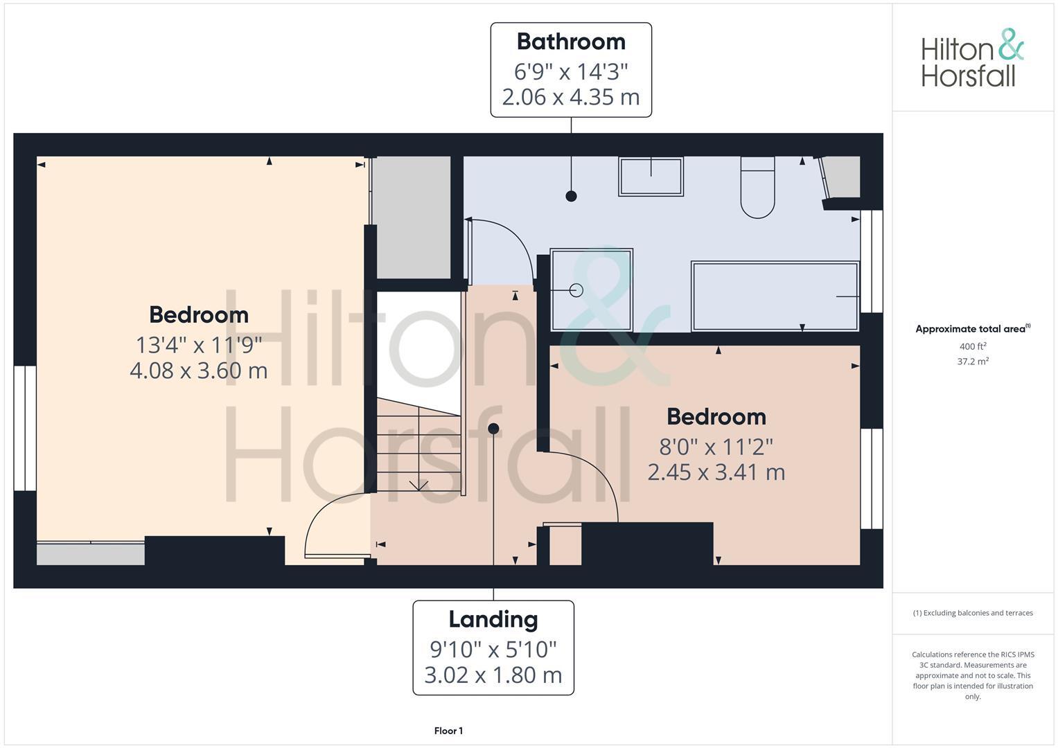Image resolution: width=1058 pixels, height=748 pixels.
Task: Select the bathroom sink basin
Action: coord(651,177)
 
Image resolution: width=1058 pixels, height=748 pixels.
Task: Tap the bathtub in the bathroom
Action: coord(775,296)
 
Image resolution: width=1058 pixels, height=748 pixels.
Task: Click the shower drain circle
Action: coord(576,290)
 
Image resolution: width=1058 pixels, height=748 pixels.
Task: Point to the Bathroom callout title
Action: coord(571,42)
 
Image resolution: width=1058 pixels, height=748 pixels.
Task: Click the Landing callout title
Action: coord(493,619)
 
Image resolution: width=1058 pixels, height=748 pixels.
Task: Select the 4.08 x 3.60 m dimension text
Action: coord(198,371)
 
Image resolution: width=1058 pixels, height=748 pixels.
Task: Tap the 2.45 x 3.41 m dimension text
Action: coord(716,472)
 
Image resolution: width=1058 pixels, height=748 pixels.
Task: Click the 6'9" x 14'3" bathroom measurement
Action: coord(571,71)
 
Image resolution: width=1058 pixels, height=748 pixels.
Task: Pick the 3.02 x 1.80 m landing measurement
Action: coord(493,675)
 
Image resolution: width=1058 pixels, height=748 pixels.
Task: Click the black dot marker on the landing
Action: coord(493,429)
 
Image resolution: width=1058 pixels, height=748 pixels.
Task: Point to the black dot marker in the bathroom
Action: coord(571,196)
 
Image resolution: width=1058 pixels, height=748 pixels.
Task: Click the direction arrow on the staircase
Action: coord(418,485)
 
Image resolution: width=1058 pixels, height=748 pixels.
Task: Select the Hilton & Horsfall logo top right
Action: coord(972,58)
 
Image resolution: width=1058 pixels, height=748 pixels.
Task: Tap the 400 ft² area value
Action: coord(972,346)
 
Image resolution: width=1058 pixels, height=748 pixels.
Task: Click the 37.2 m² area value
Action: coord(972,361)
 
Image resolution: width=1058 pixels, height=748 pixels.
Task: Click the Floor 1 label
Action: coord(448,731)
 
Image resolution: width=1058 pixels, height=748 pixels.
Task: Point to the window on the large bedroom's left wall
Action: coord(25,428)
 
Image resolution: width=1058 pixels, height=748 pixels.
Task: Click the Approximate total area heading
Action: coord(972,329)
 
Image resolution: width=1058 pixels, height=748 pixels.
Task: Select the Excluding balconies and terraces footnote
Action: coord(972,613)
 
